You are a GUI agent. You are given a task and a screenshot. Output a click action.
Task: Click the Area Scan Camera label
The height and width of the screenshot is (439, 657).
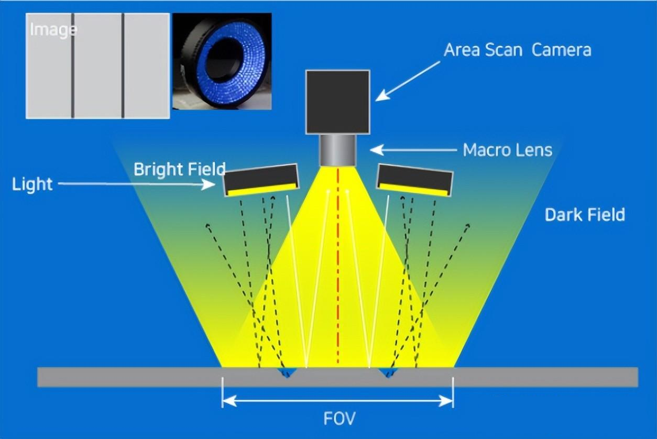click(517, 50)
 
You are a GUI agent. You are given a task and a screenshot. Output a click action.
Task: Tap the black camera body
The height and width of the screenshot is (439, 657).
click(338, 101)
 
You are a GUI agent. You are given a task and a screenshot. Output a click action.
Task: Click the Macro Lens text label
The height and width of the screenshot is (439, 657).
click(507, 150)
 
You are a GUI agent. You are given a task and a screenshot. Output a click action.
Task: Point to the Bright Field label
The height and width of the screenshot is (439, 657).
click(179, 169)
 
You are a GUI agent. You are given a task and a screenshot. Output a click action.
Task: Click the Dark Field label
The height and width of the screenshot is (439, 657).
click(585, 215)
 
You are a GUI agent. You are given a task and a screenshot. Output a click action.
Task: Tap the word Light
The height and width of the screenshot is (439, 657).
click(32, 184)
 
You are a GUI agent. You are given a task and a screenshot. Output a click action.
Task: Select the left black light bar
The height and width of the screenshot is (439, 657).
click(261, 180)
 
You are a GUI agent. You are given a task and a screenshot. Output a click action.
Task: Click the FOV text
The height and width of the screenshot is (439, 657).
click(338, 419)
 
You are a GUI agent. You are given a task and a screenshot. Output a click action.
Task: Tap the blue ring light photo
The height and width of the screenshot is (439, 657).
click(222, 61)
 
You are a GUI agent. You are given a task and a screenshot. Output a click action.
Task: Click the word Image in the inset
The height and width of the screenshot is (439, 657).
click(53, 29)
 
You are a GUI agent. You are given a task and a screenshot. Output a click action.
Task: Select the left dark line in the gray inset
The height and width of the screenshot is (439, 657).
click(73, 65)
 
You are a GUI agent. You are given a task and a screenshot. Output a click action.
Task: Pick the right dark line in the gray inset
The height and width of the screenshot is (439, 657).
click(123, 65)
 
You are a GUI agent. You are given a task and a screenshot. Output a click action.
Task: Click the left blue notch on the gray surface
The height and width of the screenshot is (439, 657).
click(287, 372)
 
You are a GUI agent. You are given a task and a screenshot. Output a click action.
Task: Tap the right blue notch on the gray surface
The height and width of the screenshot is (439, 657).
click(388, 372)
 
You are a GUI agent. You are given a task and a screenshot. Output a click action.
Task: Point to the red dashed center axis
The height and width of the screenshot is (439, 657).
click(338, 262)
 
